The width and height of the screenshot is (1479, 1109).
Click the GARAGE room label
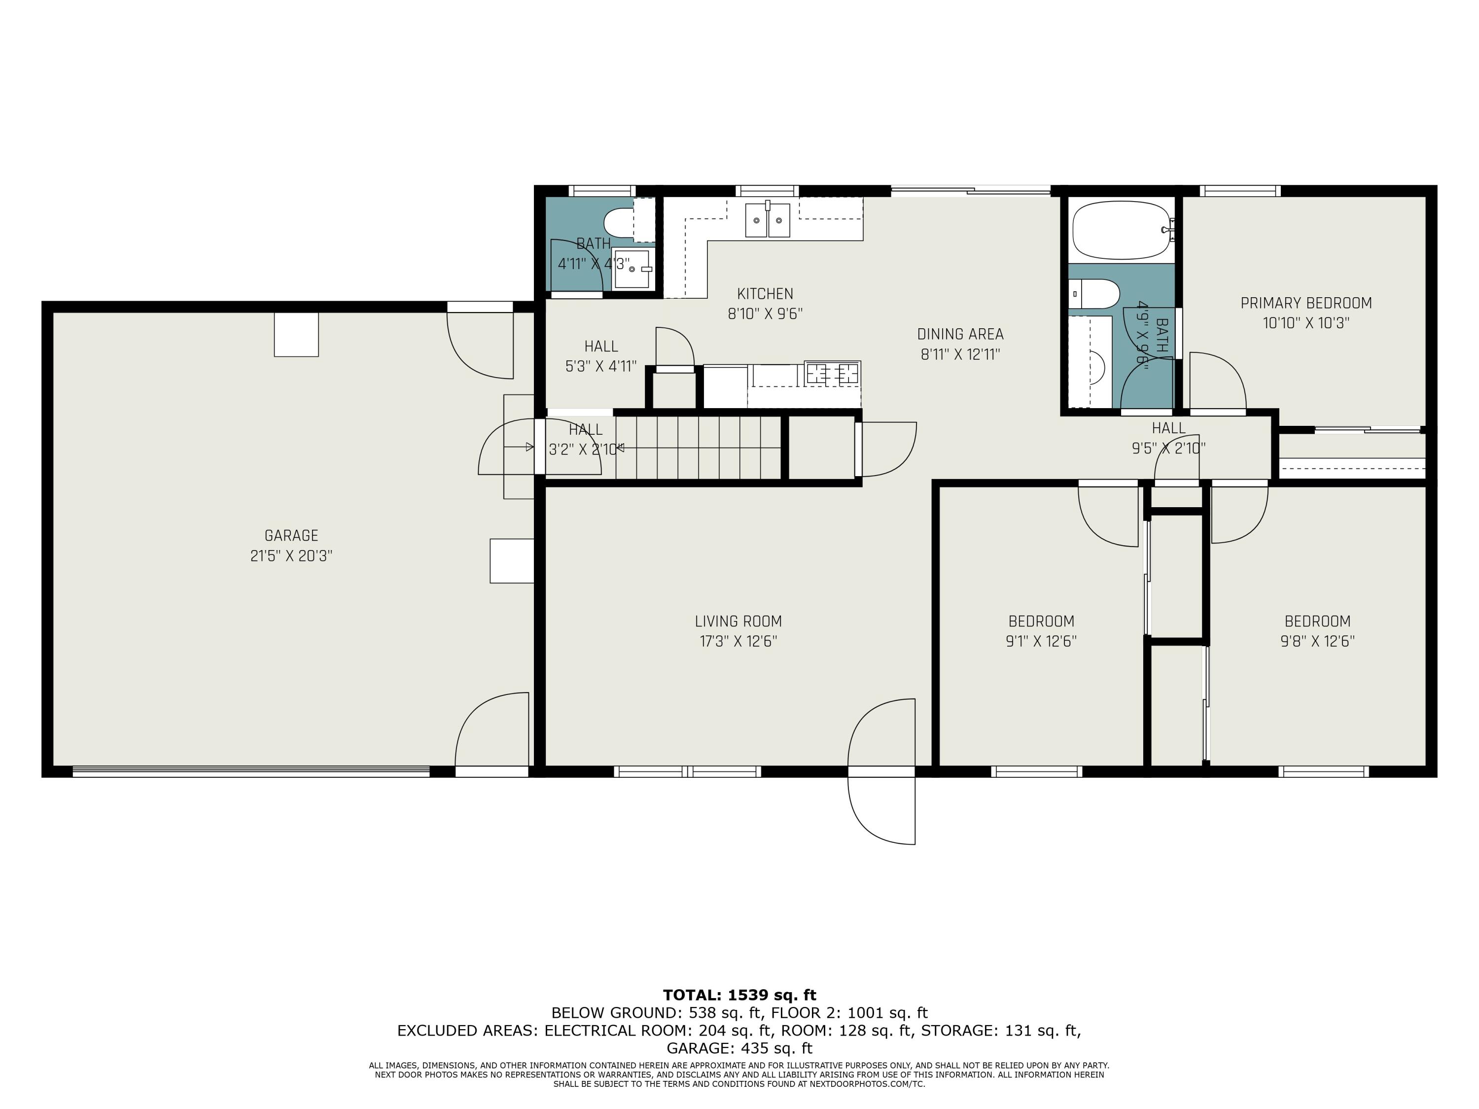(x=291, y=535)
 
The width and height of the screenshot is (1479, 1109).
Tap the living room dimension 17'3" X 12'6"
(x=738, y=642)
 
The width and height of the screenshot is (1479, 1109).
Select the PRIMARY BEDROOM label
(x=1306, y=303)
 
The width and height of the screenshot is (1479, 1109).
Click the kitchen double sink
(x=768, y=220)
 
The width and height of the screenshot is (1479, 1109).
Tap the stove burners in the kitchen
(x=833, y=372)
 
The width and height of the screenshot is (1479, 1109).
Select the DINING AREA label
(x=960, y=334)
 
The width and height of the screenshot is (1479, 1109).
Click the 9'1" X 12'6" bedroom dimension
(x=1041, y=642)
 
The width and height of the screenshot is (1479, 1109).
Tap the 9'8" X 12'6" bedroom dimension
(x=1317, y=642)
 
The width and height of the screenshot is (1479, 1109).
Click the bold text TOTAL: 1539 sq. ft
(x=739, y=995)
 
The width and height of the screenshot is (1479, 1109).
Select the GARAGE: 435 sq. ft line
(x=739, y=1048)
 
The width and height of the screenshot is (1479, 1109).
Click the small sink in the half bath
(x=633, y=269)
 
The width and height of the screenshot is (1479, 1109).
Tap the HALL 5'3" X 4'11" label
(x=600, y=356)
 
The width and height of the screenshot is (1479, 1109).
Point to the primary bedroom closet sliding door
(x=1368, y=430)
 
